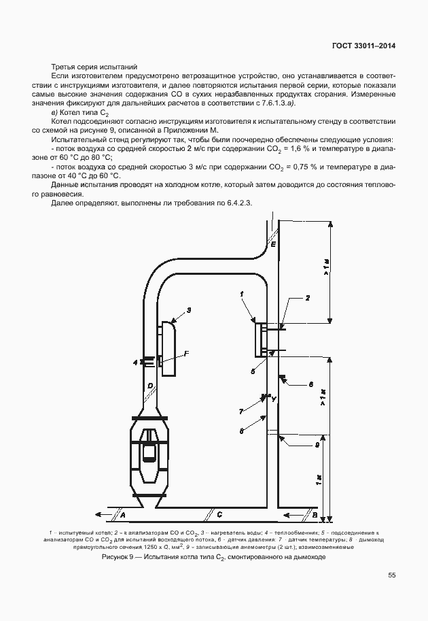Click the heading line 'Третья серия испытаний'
93,67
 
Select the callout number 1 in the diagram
241,294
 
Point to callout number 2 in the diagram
307,298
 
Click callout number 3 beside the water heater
189,310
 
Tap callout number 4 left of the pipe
135,361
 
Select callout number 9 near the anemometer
317,446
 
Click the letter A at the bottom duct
123,514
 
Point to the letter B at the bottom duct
306,514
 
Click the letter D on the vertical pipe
149,386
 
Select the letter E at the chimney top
273,244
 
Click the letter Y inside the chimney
273,399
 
